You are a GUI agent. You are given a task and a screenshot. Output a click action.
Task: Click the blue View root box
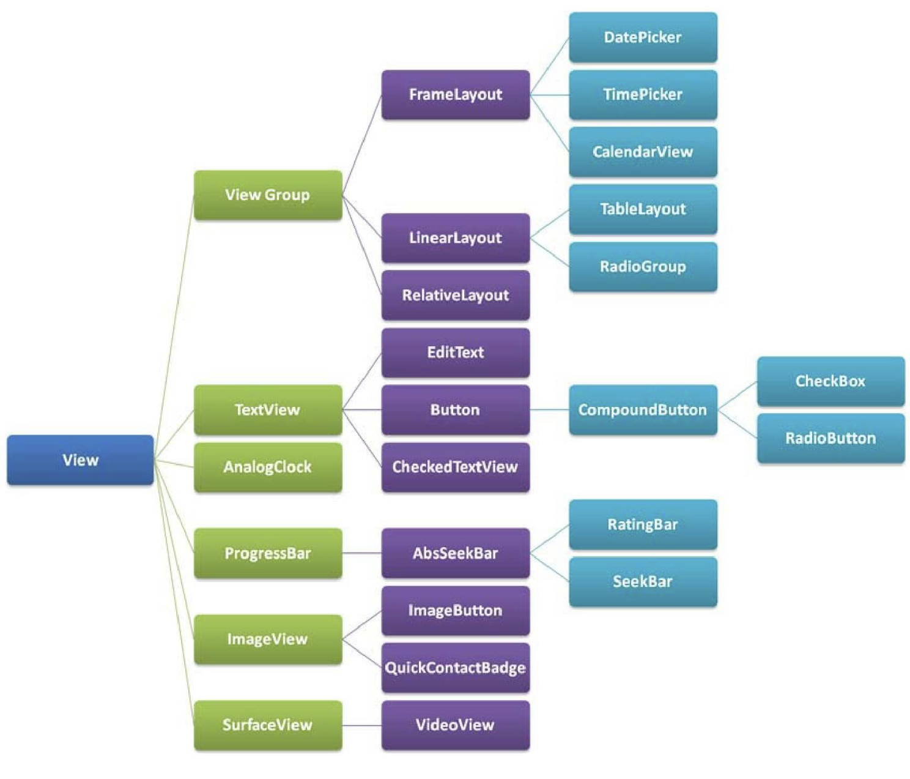tap(80, 460)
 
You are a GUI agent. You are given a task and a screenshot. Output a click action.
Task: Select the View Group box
tap(268, 195)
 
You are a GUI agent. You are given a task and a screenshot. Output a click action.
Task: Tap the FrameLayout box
tap(455, 94)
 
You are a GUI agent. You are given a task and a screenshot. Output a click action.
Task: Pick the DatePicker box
tap(643, 37)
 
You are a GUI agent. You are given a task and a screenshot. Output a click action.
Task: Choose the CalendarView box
tap(643, 152)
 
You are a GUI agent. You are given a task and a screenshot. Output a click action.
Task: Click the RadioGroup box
tap(643, 266)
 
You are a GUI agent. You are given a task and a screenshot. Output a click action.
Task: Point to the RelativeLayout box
tap(455, 295)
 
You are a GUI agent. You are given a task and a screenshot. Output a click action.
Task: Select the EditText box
tap(455, 352)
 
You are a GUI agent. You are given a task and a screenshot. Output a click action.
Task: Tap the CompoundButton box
tap(643, 410)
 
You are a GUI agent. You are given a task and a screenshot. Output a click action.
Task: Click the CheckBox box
tap(830, 381)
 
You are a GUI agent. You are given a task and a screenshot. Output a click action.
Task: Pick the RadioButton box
tap(830, 438)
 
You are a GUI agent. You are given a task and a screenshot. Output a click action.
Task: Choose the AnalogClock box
tap(268, 467)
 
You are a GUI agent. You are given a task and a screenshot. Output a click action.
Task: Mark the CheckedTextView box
tap(455, 467)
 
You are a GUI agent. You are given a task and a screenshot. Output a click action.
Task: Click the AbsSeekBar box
tap(455, 553)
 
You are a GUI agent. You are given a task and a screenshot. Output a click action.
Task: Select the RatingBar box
tap(643, 524)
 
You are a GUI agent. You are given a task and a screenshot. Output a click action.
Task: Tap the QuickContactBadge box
tap(455, 668)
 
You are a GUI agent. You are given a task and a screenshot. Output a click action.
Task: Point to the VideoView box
tap(455, 725)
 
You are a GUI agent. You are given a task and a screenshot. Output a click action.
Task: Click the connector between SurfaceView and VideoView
tap(362, 725)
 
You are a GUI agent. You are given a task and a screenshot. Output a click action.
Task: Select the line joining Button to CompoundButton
tap(549, 410)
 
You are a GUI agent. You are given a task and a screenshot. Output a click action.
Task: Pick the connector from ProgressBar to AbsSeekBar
tap(362, 553)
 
